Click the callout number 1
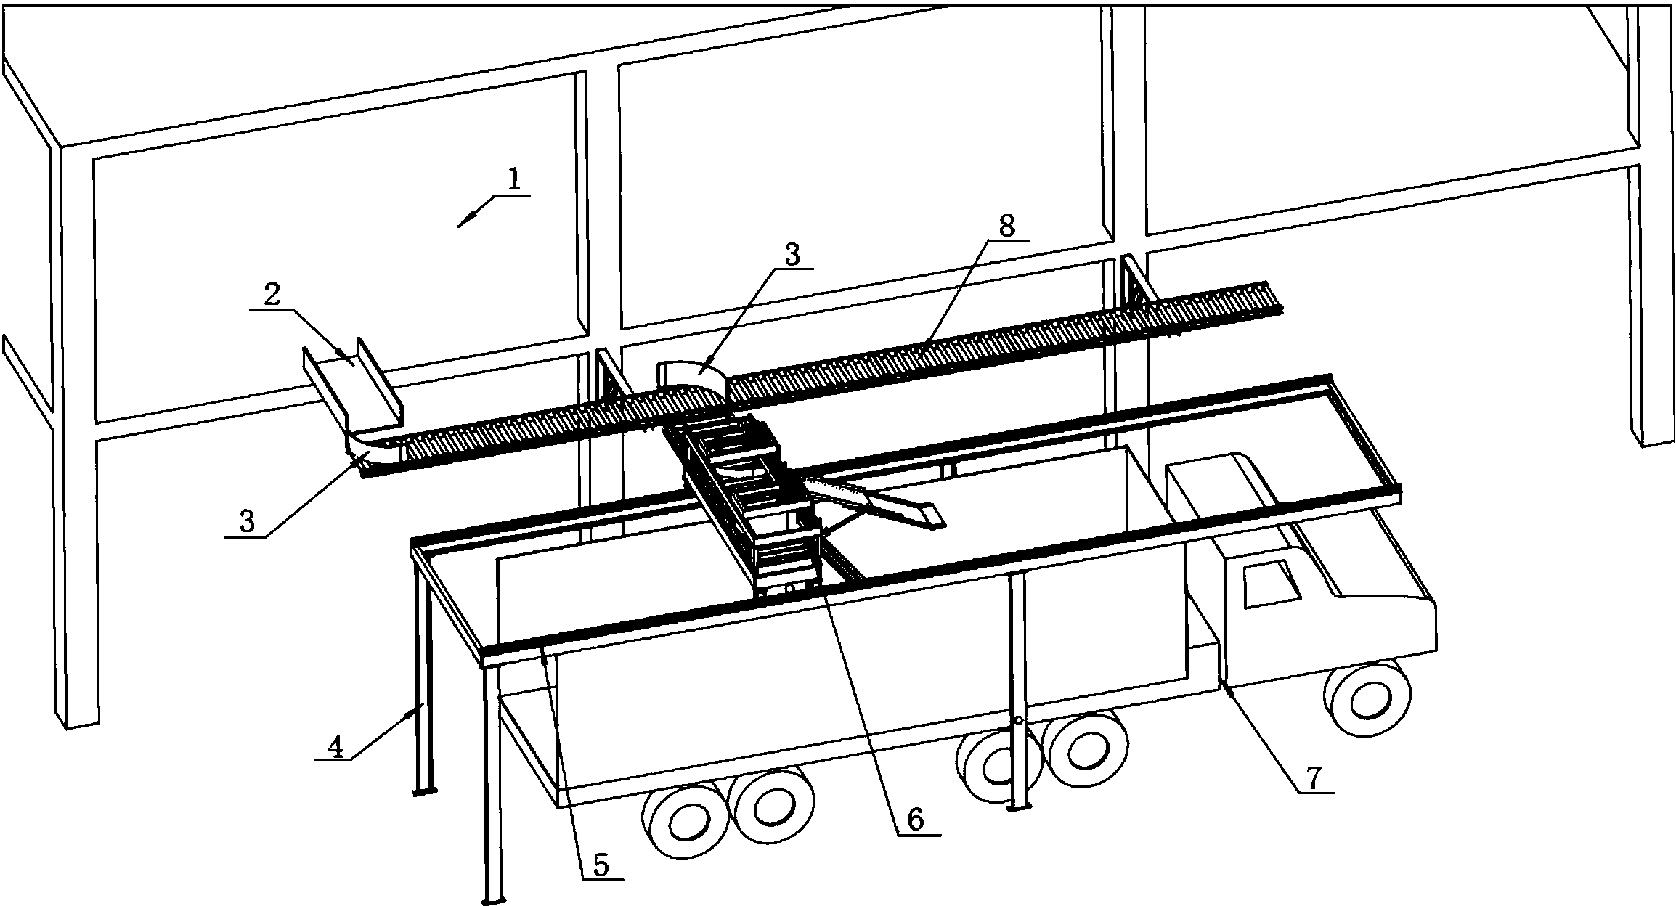coord(514,179)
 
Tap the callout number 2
coord(272,295)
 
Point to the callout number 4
coord(335,746)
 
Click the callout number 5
coord(601,864)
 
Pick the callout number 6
coord(915,820)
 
